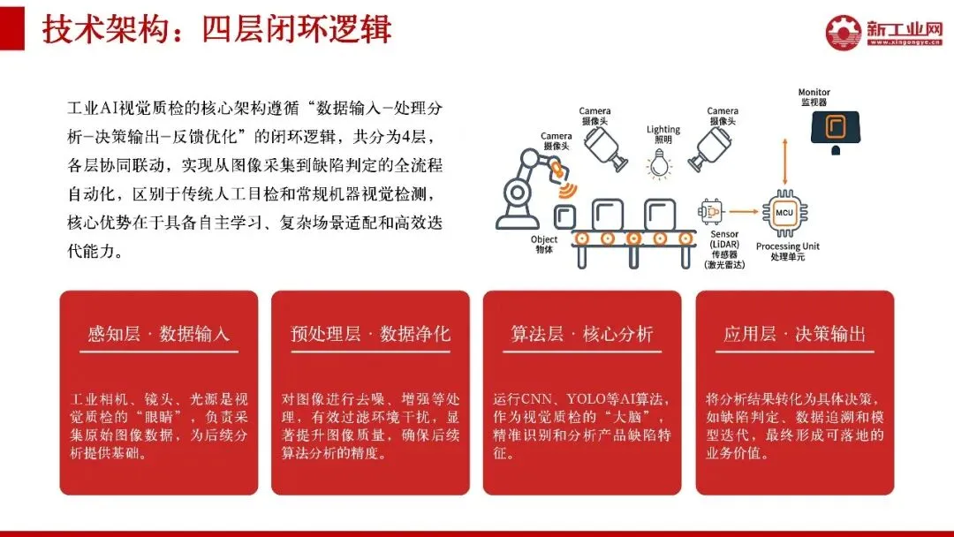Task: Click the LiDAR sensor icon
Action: coord(711,213)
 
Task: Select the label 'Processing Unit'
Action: coord(787,246)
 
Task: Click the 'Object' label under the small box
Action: coord(543,239)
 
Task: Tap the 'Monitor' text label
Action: coord(814,93)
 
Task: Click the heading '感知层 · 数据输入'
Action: coord(158,334)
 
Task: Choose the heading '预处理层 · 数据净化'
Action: coord(370,334)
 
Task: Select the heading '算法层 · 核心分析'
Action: coord(582,334)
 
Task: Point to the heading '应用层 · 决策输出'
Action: coord(794,334)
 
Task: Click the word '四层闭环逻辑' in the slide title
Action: coord(297,29)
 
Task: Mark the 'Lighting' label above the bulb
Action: coord(663,130)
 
